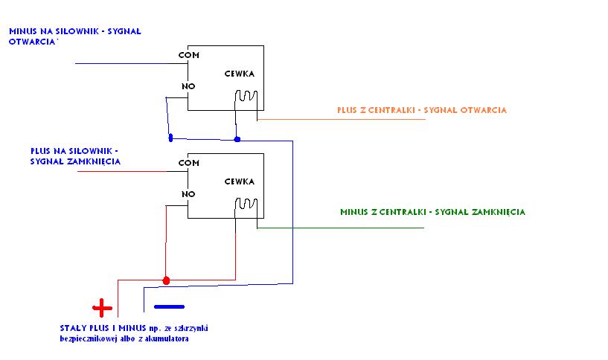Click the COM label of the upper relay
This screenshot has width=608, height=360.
pyautogui.click(x=189, y=55)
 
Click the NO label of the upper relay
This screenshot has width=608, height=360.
pyautogui.click(x=188, y=86)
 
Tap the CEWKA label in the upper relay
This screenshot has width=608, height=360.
pyautogui.click(x=240, y=74)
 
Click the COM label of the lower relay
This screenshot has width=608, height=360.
pyautogui.click(x=189, y=162)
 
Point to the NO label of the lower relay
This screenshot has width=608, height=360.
pyautogui.click(x=188, y=193)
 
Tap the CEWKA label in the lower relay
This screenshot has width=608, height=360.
pyautogui.click(x=240, y=181)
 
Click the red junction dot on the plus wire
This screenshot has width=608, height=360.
pyautogui.click(x=166, y=280)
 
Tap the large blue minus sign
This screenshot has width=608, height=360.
pyautogui.click(x=169, y=306)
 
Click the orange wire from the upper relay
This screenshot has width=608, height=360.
pyautogui.click(x=342, y=119)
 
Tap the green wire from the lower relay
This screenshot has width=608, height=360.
pyautogui.click(x=342, y=228)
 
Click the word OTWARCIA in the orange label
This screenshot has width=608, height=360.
pyautogui.click(x=484, y=110)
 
